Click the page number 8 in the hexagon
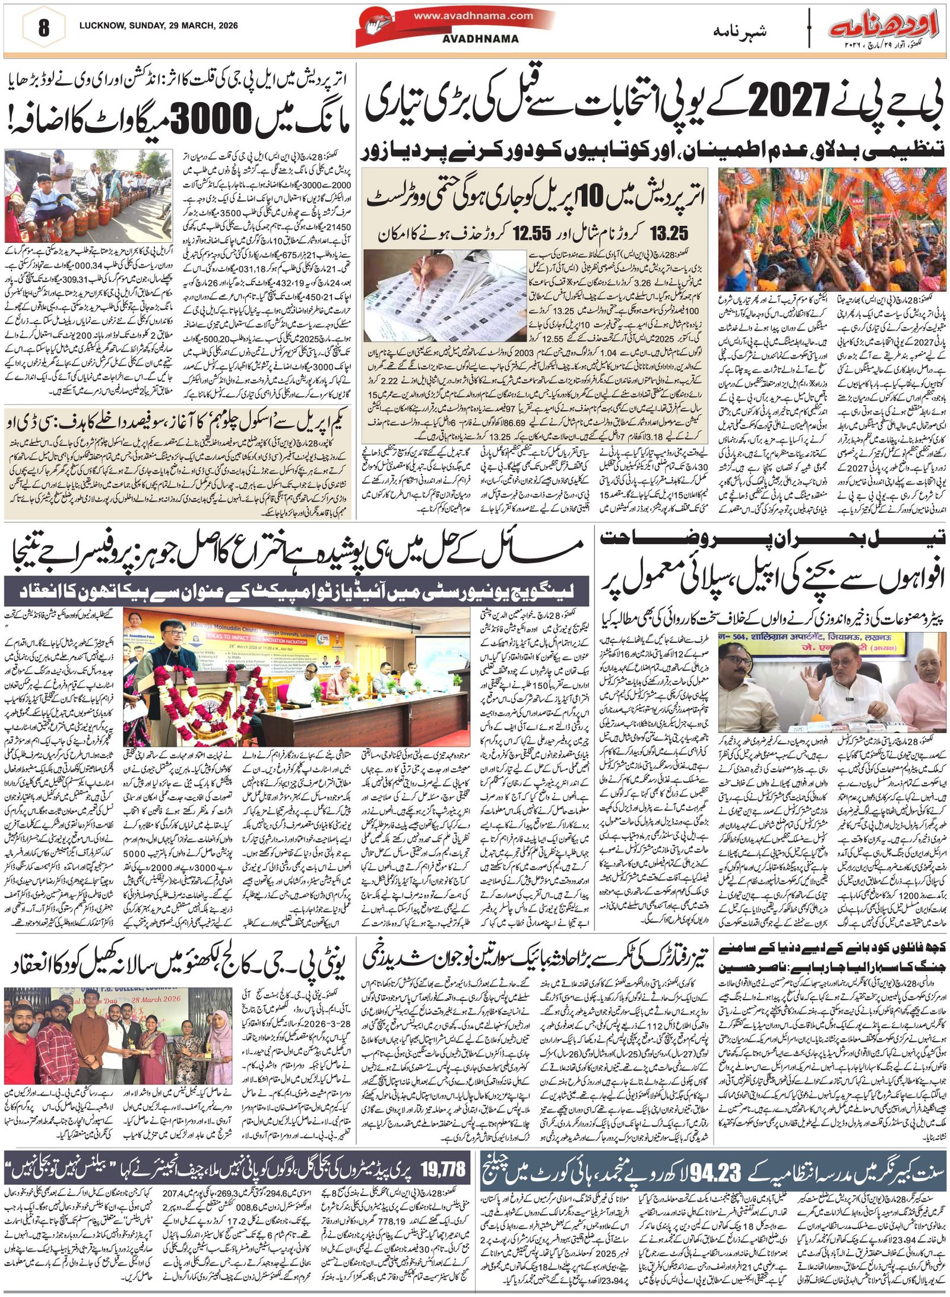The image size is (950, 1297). coord(43,28)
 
